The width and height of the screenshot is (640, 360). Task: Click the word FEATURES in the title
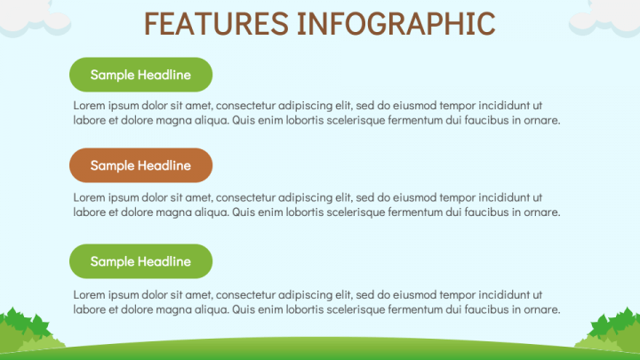[x=216, y=24]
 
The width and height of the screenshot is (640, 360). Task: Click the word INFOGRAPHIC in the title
[x=396, y=24]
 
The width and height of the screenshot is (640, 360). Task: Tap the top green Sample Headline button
[x=140, y=75]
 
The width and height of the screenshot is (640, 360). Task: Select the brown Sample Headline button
[x=140, y=165]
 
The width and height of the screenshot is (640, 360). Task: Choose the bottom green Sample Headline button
[x=140, y=261]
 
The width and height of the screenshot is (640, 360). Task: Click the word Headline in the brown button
[x=164, y=165]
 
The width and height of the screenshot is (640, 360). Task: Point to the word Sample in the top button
[x=112, y=76]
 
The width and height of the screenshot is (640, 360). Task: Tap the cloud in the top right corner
[x=605, y=17]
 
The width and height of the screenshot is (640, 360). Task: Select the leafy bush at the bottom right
[x=610, y=330]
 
